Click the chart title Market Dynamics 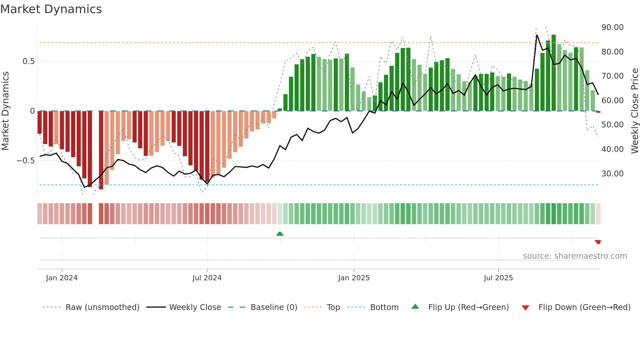tap(51, 9)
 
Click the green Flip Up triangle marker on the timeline tap(280, 234)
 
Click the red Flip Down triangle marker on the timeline tap(598, 242)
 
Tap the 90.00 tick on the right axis tap(612, 27)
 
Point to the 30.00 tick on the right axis tap(612, 174)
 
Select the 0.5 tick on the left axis tap(28, 61)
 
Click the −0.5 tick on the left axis tap(26, 161)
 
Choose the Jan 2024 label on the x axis tap(62, 278)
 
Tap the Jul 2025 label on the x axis tap(498, 278)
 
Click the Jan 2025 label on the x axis tap(354, 278)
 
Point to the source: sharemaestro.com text tap(575, 256)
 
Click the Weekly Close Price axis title tap(634, 111)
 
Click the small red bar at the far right tap(598, 112)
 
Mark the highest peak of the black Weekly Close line tap(537, 35)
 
